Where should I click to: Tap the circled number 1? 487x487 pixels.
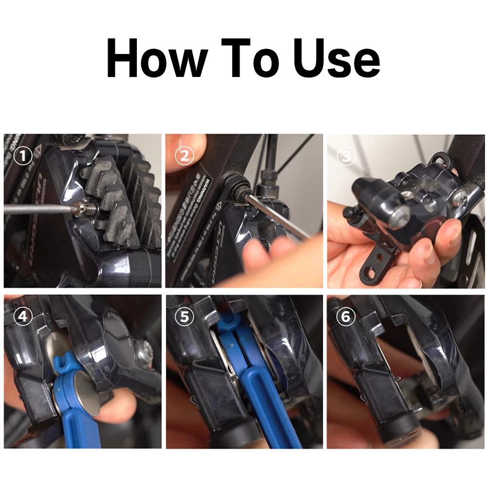pyautogui.click(x=22, y=157)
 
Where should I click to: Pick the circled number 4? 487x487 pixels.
pyautogui.click(x=22, y=317)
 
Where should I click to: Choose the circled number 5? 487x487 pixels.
pyautogui.click(x=184, y=317)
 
